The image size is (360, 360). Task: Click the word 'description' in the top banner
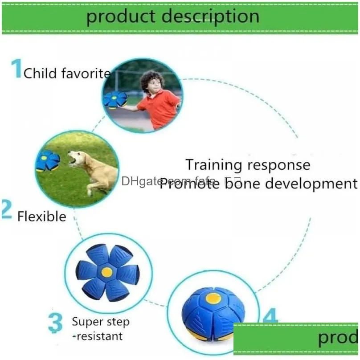click(210, 16)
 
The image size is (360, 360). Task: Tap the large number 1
click(16, 69)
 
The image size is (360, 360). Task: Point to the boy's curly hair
click(152, 80)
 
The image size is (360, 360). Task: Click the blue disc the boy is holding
click(115, 99)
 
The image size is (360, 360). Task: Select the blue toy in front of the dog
click(48, 161)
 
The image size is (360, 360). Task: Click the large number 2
click(6, 210)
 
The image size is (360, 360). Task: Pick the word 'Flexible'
click(41, 217)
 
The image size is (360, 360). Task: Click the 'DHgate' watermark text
click(140, 181)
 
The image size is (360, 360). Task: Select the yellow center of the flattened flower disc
click(106, 272)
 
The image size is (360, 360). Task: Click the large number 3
click(55, 323)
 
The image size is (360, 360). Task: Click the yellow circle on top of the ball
click(213, 298)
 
